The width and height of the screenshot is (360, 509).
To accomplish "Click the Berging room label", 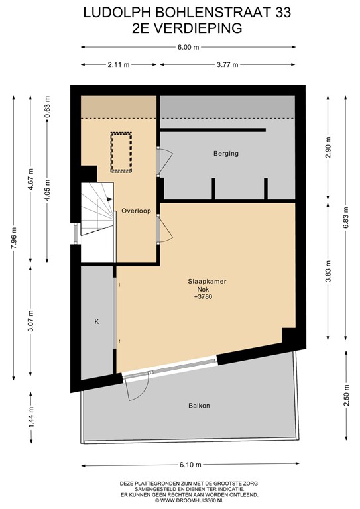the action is point(226,154).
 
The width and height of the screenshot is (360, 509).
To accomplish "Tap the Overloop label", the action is point(137,211).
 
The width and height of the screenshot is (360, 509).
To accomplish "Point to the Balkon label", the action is point(199,406).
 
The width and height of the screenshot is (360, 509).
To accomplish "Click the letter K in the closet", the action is point(96,322).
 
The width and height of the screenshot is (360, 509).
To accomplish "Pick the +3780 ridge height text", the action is point(204,296).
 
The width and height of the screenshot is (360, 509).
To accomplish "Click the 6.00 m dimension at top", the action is point(188,48).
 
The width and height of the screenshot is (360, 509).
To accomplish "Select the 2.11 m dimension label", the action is point(119,64).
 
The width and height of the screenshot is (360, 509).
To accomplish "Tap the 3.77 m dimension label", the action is point(227,64).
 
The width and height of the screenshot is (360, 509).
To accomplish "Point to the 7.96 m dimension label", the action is point(14,238).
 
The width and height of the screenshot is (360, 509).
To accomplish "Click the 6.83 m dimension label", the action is point(345,218).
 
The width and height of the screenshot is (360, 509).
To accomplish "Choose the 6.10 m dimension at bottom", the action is point(190,465).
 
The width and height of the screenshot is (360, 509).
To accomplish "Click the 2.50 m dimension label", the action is point(347,395).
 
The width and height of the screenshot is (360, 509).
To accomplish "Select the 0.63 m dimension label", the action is point(48,107).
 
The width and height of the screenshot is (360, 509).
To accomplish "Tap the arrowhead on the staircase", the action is point(109,199).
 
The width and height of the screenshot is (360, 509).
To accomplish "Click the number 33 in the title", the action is point(283,13).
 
